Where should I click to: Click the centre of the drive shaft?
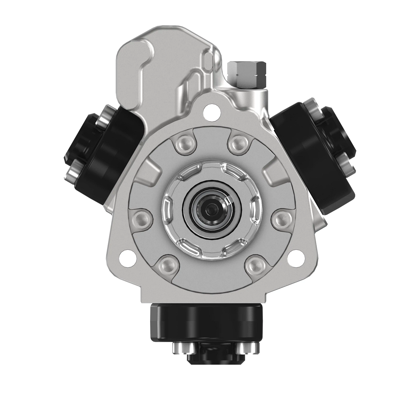point(210,210)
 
